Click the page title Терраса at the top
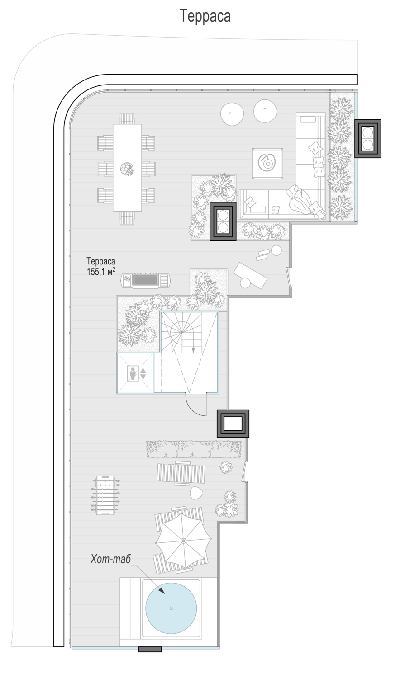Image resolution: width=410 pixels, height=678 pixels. [205, 16]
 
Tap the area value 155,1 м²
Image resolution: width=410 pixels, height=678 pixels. [101, 272]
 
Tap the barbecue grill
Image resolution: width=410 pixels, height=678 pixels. [145, 280]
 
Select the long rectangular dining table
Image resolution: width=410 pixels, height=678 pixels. [127, 167]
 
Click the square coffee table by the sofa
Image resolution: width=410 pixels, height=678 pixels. [267, 164]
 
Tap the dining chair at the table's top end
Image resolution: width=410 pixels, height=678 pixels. [127, 118]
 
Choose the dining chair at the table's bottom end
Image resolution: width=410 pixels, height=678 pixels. [127, 217]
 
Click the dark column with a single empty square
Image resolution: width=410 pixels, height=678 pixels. [233, 424]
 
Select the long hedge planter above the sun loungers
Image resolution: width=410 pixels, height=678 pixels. [194, 449]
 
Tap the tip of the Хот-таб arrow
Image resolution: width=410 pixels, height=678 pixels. [165, 593]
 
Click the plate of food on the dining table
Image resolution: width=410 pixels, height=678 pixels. [127, 169]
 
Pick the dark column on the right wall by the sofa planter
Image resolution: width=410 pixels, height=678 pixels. [368, 138]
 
